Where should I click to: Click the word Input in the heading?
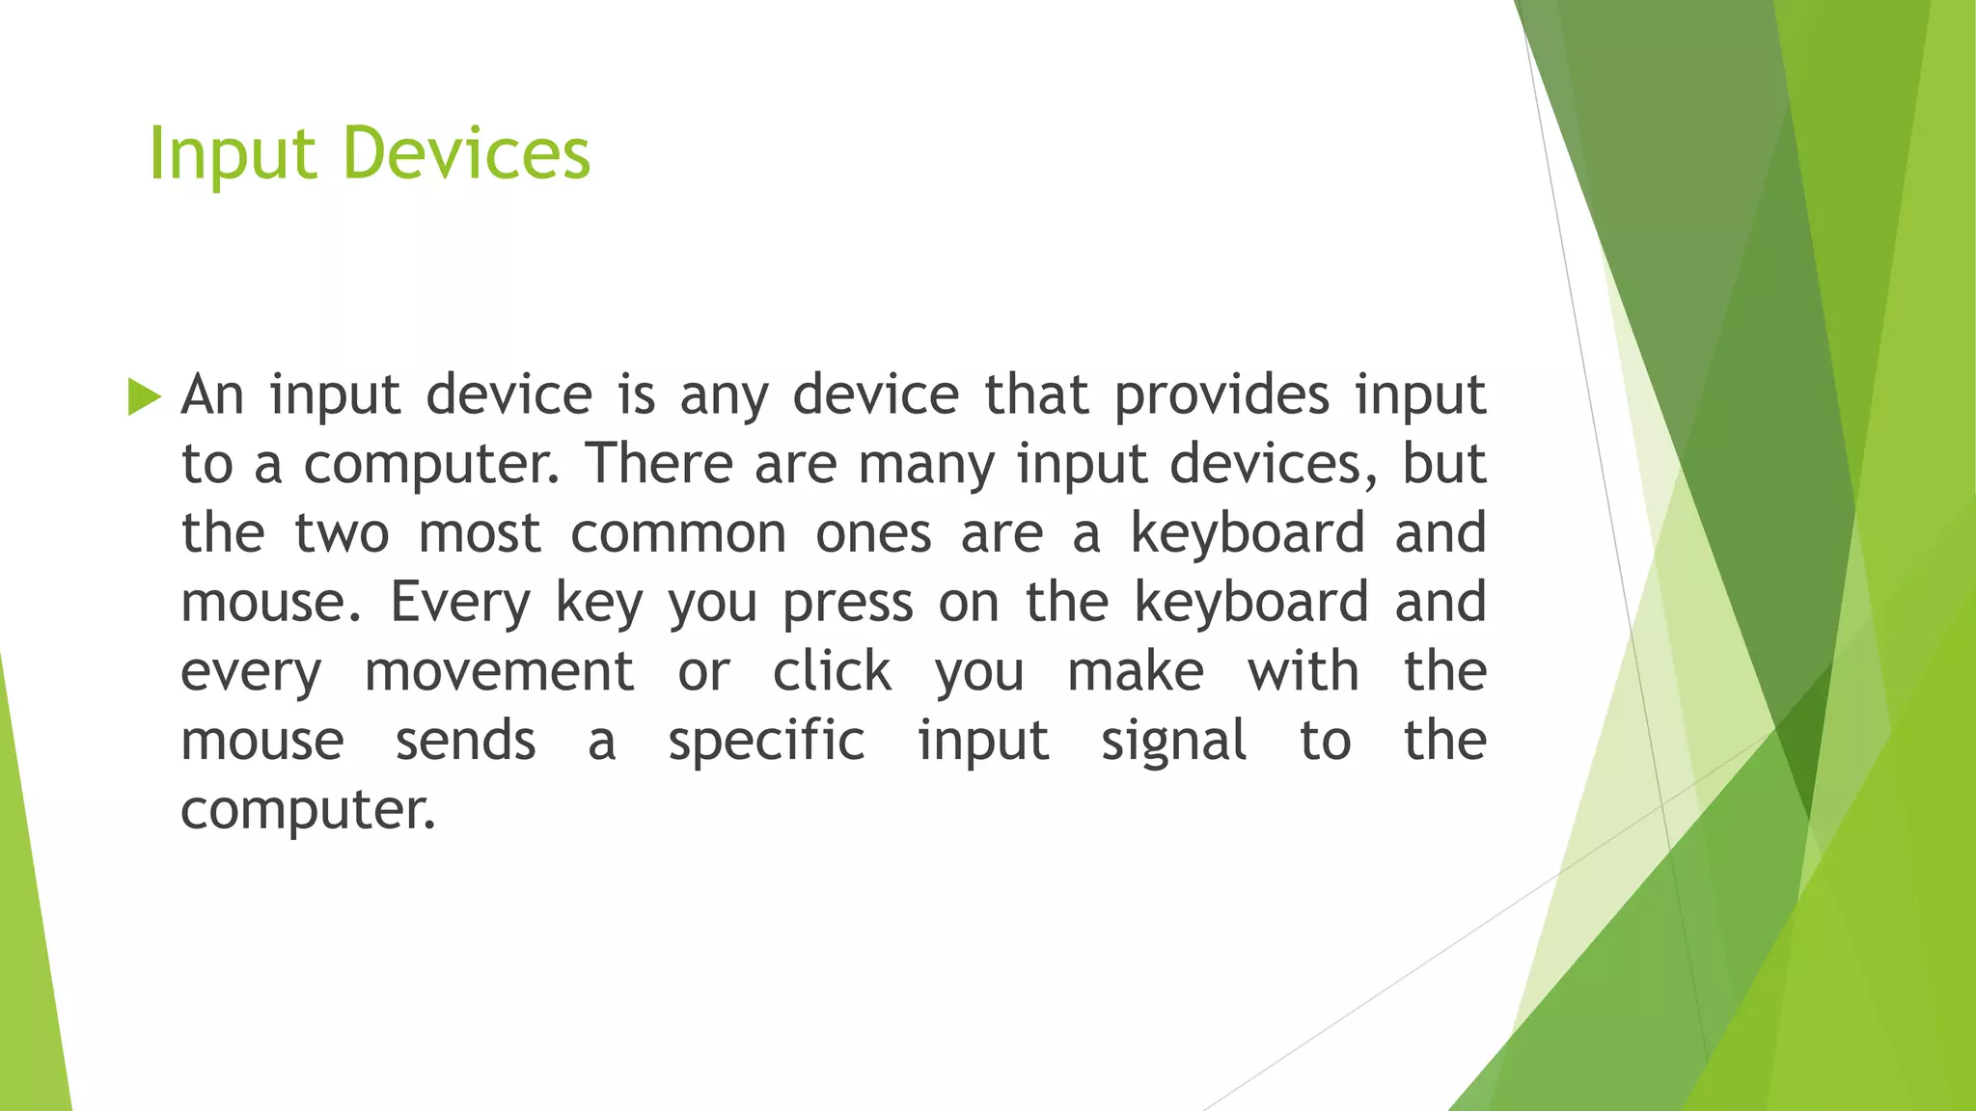[232, 154]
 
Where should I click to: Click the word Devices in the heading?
[466, 154]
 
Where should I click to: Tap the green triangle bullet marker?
[144, 396]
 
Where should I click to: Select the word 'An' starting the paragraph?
[212, 394]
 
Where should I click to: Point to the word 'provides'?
[1221, 394]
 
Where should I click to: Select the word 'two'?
[342, 533]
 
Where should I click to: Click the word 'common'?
[678, 533]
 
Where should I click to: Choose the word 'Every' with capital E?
[459, 603]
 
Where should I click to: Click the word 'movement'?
[499, 672]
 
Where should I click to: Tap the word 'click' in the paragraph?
[832, 670]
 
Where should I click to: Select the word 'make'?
[1136, 672]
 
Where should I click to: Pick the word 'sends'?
[465, 742]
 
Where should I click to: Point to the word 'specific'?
[766, 742]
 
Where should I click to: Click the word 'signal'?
[1173, 742]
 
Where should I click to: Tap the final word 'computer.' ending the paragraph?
[308, 811]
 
